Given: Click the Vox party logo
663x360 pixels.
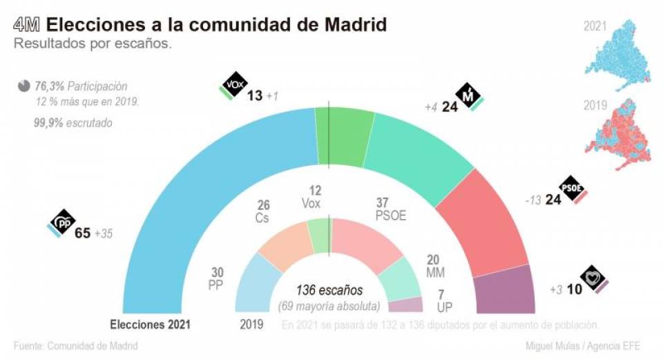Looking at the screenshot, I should [232, 86].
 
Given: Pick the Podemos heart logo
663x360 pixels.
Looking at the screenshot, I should [593, 278].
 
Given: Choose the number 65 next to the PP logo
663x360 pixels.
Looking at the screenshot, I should [83, 234].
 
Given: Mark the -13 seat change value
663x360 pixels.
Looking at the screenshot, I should [532, 200].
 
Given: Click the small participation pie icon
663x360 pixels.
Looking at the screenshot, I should [24, 86].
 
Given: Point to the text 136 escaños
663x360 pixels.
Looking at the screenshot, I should [329, 290].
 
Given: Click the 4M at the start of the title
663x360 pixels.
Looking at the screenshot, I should [27, 26].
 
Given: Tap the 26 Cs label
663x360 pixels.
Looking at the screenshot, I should [263, 211].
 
